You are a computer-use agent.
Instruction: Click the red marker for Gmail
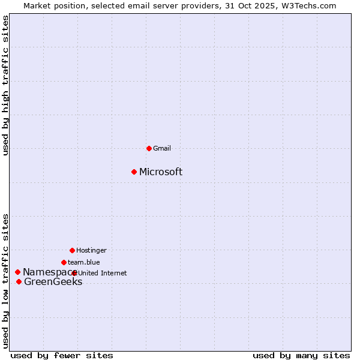(149, 148)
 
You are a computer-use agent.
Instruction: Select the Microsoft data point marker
(134, 172)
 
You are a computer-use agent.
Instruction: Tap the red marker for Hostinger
(72, 250)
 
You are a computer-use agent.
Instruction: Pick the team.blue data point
(64, 262)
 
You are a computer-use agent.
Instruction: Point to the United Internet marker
(74, 273)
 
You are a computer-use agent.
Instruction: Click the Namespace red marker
(17, 272)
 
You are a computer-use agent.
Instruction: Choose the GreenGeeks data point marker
(19, 282)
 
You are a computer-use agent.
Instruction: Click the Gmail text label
(162, 148)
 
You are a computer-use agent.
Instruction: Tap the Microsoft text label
(161, 172)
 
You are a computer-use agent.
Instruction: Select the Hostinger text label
(91, 250)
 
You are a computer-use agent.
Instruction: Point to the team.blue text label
(84, 262)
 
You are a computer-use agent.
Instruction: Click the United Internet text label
(103, 273)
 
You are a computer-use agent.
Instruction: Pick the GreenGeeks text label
(53, 282)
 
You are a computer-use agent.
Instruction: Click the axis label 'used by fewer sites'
(62, 355)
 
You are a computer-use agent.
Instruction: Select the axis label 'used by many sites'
(301, 355)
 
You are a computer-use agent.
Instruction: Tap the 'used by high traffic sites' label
(5, 85)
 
